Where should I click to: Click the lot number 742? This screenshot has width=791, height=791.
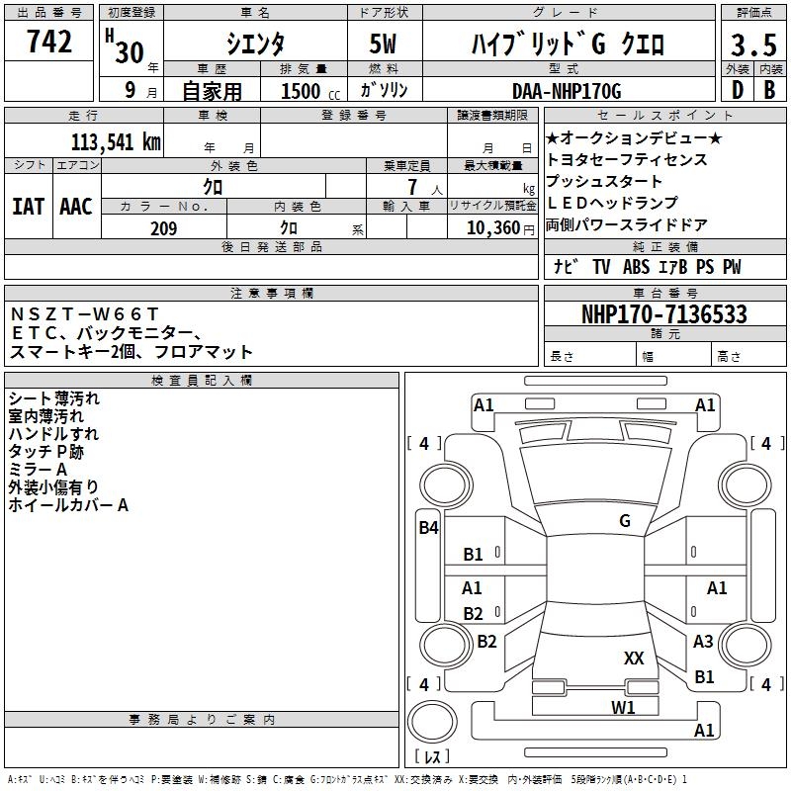tap(48, 42)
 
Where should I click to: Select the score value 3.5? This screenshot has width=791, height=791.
tap(752, 46)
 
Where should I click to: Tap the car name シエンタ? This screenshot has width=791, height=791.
tap(255, 44)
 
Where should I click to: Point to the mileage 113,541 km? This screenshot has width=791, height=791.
tap(115, 141)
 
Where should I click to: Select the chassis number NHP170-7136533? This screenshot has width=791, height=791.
tap(663, 315)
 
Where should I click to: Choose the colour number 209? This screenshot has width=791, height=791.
tap(163, 228)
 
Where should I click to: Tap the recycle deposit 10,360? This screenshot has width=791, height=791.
tap(490, 228)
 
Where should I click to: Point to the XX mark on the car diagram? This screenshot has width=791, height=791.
tap(634, 658)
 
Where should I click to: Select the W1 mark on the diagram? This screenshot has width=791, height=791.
tap(623, 707)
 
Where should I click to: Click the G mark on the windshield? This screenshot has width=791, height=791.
tap(624, 521)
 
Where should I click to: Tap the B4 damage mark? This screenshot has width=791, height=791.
tap(428, 528)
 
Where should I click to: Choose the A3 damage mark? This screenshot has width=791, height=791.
tap(703, 642)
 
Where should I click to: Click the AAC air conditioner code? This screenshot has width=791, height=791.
tap(76, 207)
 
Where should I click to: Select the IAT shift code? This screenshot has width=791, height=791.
tap(28, 207)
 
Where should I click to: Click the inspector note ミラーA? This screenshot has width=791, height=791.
tap(38, 469)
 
